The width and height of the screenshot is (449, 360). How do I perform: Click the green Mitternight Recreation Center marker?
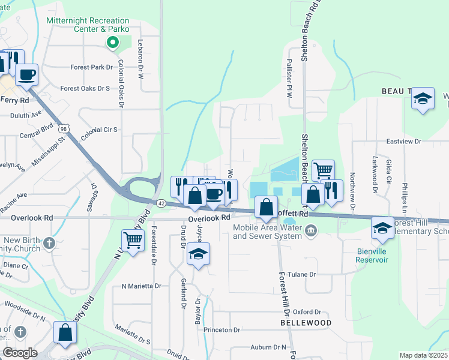(x=111, y=42)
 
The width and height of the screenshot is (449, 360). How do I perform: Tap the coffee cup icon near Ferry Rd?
(x=26, y=75)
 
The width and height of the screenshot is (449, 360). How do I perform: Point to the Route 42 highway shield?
(x=161, y=203)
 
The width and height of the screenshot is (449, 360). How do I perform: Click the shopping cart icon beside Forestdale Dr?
(x=134, y=240)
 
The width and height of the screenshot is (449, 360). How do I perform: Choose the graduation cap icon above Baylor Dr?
(x=198, y=254)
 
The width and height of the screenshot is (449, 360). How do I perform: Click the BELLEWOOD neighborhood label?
(x=306, y=323)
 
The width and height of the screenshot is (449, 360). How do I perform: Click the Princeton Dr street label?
(x=221, y=330)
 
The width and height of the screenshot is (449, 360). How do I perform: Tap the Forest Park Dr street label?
(x=91, y=67)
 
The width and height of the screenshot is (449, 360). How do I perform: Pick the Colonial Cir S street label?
(x=100, y=129)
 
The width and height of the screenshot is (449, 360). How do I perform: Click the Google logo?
(x=20, y=353)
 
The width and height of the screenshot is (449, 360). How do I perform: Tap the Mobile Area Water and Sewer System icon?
(x=310, y=230)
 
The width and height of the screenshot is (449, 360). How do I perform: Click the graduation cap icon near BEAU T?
(x=423, y=98)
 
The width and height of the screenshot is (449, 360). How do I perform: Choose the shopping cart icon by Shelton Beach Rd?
(x=323, y=170)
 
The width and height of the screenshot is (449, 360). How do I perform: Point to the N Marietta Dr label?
(x=141, y=286)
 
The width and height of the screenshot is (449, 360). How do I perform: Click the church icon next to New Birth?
(x=50, y=244)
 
